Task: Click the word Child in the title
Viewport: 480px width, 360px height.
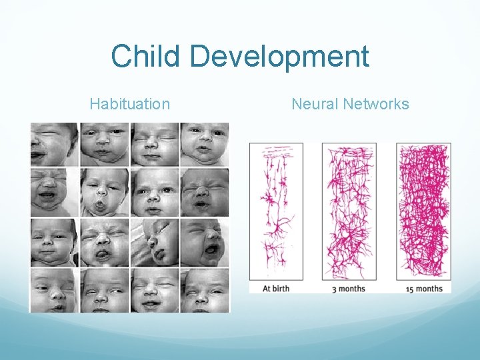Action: click(147, 57)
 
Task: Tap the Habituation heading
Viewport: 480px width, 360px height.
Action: click(129, 104)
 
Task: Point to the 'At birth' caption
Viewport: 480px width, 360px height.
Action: click(275, 289)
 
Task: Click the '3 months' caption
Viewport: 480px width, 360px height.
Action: click(349, 289)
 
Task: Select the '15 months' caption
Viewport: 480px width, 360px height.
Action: click(423, 289)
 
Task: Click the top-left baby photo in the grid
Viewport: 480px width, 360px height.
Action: click(54, 144)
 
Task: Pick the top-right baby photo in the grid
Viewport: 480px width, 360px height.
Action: click(205, 144)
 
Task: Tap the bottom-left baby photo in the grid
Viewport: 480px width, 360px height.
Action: click(54, 290)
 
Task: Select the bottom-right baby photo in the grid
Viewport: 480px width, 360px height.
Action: click(205, 290)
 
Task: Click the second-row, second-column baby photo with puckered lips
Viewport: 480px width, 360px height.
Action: click(105, 192)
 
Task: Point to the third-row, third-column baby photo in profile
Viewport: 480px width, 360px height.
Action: click(155, 242)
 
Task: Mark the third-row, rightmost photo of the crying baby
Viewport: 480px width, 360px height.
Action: click(205, 242)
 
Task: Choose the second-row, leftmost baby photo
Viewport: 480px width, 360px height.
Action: click(54, 192)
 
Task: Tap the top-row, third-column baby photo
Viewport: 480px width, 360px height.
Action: click(155, 144)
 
